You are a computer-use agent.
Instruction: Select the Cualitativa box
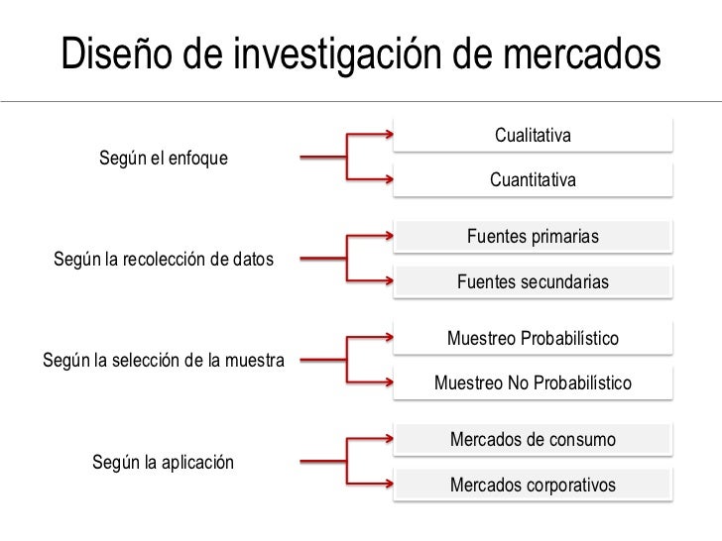(x=533, y=135)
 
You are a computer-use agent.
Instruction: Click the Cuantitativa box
(x=533, y=181)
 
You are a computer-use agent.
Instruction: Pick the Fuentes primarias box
(x=533, y=237)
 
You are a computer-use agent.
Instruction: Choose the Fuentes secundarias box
(x=533, y=282)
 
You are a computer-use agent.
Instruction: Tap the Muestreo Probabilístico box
(x=533, y=338)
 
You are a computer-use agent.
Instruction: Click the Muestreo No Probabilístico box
(x=533, y=383)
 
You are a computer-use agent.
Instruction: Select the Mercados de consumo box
(x=533, y=439)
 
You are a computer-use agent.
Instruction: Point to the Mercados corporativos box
(x=533, y=486)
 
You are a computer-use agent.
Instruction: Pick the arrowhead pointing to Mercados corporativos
(x=387, y=486)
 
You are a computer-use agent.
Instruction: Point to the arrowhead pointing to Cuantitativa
(x=387, y=180)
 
